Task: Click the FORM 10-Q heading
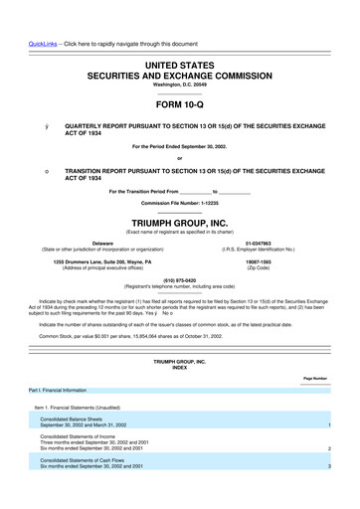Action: (179, 102)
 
